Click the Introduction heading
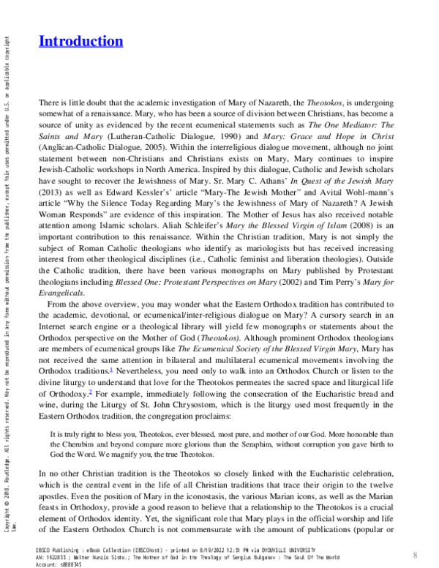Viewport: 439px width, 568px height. click(x=80, y=41)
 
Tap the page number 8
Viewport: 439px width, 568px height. click(x=415, y=555)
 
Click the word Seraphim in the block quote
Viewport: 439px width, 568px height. click(x=235, y=444)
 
